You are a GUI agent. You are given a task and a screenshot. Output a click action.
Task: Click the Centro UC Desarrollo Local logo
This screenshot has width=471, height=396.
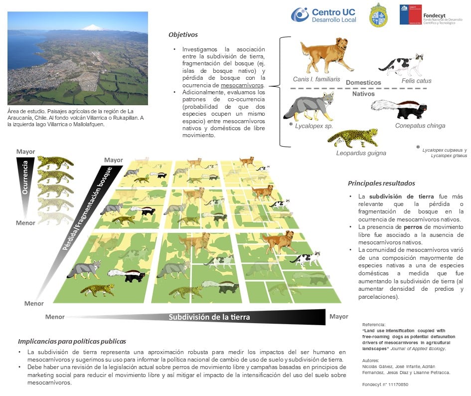pos(324,15)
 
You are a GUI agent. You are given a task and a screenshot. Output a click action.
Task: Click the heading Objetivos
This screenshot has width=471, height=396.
pos(183,35)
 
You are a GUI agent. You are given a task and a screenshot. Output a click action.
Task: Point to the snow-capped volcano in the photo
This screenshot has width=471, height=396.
pos(93,27)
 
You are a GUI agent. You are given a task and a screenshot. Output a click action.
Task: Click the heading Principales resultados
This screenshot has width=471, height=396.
pos(381,184)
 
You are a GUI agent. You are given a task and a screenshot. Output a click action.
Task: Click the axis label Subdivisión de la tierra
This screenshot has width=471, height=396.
pos(209,317)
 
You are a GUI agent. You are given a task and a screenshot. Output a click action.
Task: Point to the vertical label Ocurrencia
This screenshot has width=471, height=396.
pos(23,181)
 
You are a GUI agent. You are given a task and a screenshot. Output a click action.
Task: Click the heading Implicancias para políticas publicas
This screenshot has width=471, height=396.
pos(72,342)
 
